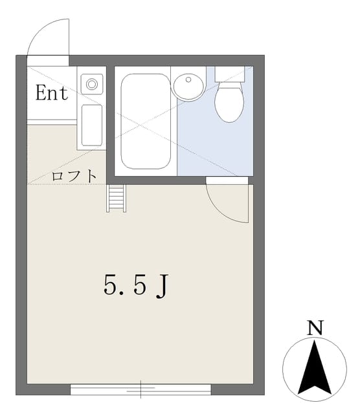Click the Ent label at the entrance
(x=52, y=93)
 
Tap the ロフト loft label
(x=74, y=175)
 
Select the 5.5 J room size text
(x=136, y=286)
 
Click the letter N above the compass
(x=315, y=328)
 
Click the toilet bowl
(x=229, y=102)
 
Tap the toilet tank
(x=229, y=74)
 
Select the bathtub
(x=146, y=121)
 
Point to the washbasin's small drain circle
(x=188, y=80)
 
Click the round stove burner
(x=92, y=84)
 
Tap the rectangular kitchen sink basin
(x=92, y=125)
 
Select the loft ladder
(x=116, y=199)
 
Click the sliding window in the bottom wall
(x=141, y=389)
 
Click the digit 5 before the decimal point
(x=111, y=285)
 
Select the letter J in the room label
(x=162, y=287)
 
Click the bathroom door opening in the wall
(x=227, y=180)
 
